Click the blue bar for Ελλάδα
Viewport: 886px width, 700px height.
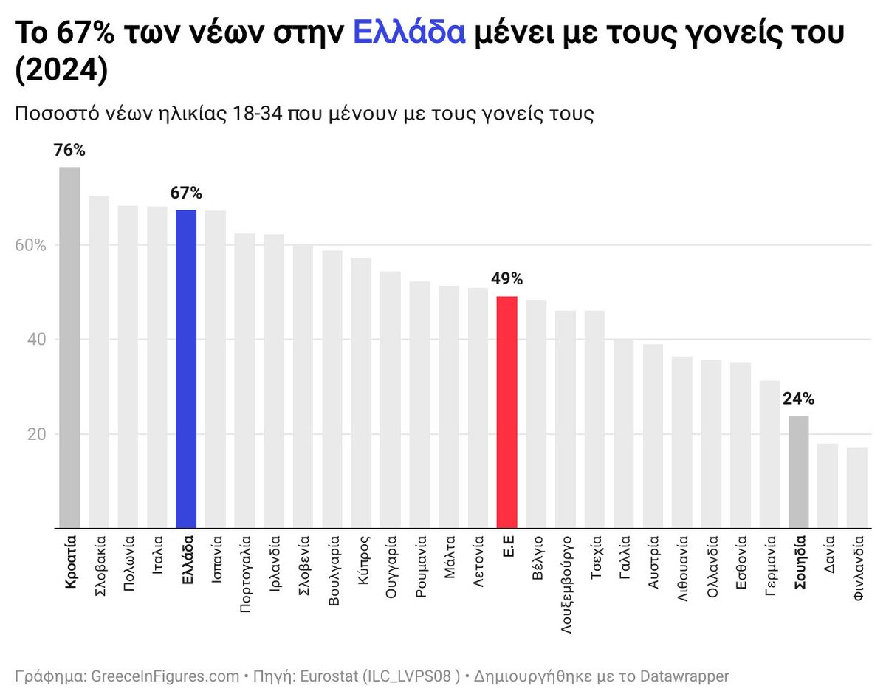(186, 369)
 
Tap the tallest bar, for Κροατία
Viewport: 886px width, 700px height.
(69, 347)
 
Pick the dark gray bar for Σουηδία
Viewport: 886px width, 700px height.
(799, 472)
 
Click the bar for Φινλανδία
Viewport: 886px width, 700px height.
(857, 488)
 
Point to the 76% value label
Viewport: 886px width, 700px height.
(69, 151)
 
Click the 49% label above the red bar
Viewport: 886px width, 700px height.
(506, 279)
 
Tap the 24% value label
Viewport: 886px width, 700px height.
(799, 399)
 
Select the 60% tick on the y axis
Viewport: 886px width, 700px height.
(32, 245)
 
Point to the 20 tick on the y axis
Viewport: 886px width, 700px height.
(37, 434)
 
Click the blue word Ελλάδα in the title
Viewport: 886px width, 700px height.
(409, 33)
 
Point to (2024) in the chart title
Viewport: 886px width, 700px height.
(61, 72)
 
